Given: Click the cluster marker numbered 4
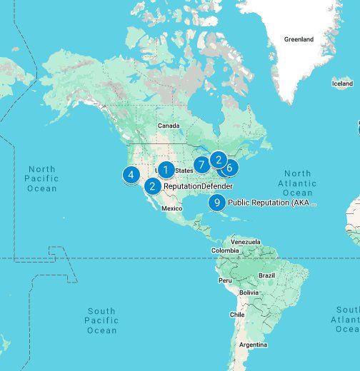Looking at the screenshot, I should tap(131, 174).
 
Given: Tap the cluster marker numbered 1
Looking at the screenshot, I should tap(166, 170).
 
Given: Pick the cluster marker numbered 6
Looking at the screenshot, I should tap(229, 168).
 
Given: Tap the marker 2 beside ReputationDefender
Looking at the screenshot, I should tap(152, 187).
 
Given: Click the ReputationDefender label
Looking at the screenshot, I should tap(198, 187).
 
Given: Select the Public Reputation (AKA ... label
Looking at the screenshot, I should tap(271, 203).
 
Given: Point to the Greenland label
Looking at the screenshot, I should tap(299, 39).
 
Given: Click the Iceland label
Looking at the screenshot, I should tap(342, 83).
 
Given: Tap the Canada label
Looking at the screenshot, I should tap(169, 126).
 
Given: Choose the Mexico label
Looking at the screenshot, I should tap(172, 208).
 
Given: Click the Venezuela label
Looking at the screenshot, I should tap(246, 242).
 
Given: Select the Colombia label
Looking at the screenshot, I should tap(225, 250).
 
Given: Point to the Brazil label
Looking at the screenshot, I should tap(266, 275).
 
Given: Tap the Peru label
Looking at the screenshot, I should tap(225, 280).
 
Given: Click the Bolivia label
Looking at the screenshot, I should tap(249, 293).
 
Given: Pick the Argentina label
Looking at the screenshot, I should tap(253, 345).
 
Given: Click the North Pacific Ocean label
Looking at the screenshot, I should tap(41, 178).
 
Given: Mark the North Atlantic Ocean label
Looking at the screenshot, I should tap(297, 183).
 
